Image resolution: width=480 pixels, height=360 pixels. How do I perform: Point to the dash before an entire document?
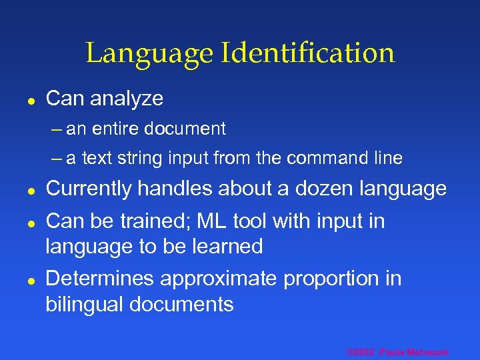click(x=56, y=129)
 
